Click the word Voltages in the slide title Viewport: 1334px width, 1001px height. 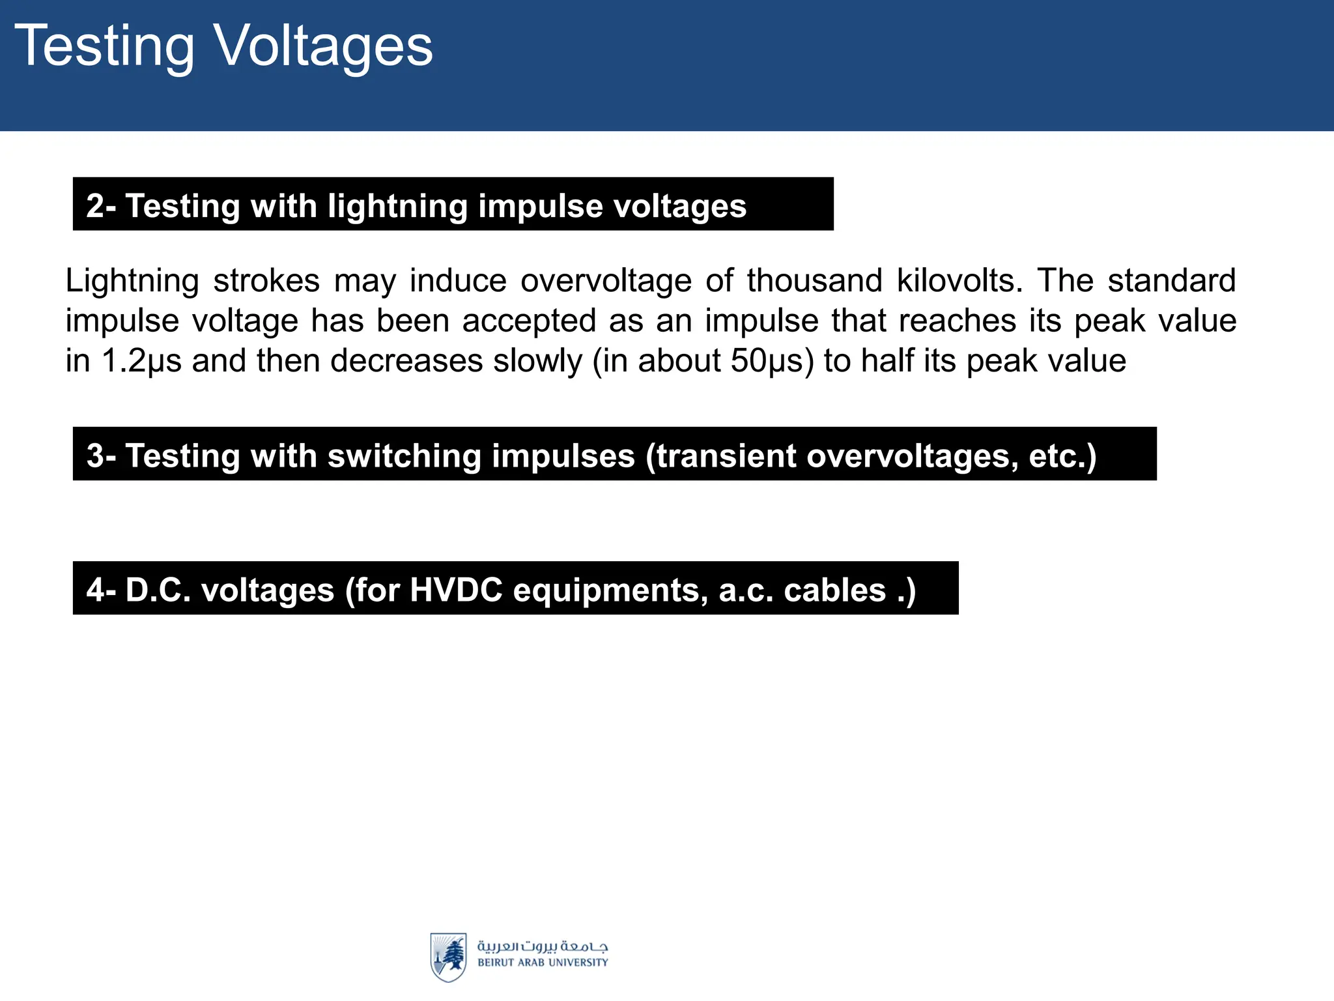click(x=324, y=46)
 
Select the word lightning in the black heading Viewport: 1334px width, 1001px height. click(x=397, y=206)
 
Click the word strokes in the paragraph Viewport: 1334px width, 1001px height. click(x=266, y=281)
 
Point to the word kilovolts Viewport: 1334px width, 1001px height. click(x=955, y=281)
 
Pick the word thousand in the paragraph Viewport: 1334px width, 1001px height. click(x=814, y=281)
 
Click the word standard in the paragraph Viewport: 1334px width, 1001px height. click(x=1171, y=281)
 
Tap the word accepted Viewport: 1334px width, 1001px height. click(x=529, y=321)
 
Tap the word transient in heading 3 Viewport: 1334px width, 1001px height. click(x=726, y=456)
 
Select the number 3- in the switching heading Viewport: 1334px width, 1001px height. click(x=101, y=456)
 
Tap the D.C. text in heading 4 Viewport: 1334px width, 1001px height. click(x=158, y=590)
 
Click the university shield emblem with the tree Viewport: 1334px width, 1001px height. click(x=448, y=957)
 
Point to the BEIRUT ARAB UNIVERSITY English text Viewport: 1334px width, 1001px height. click(x=543, y=963)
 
